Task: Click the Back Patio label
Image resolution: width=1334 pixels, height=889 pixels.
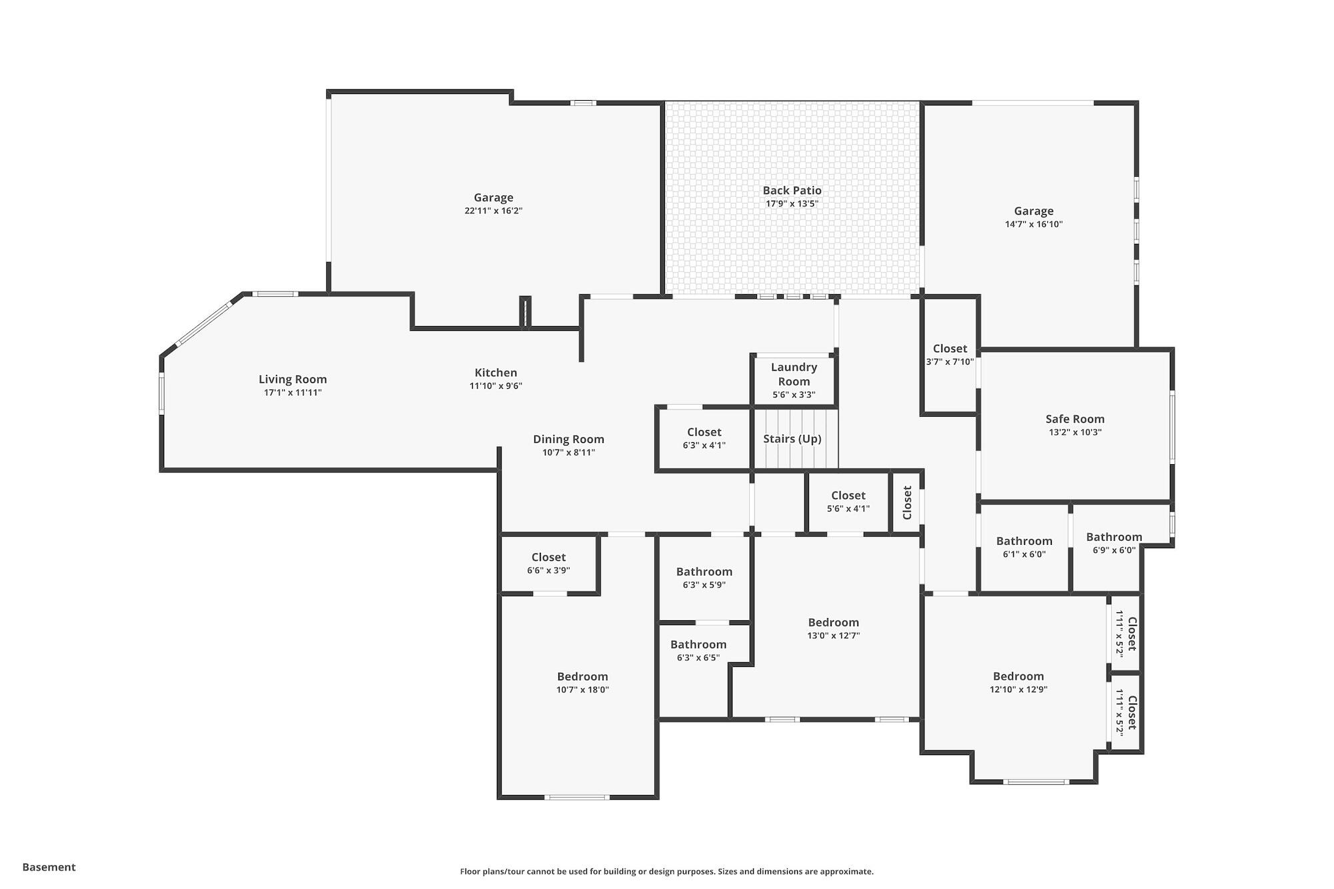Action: click(x=792, y=191)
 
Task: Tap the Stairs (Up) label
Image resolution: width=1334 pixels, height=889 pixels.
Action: click(x=792, y=439)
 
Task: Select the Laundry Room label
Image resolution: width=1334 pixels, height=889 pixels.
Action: click(x=794, y=374)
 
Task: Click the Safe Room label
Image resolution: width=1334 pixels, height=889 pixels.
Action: click(x=1075, y=419)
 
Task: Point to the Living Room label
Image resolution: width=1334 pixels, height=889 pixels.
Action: click(x=293, y=379)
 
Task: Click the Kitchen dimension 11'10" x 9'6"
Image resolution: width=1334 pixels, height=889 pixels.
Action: click(x=496, y=386)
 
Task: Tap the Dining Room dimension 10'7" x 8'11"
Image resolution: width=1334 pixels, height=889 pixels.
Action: click(x=568, y=453)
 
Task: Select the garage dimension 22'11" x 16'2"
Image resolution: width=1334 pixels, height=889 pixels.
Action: click(x=493, y=211)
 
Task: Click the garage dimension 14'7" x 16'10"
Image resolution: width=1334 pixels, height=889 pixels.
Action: click(x=1033, y=225)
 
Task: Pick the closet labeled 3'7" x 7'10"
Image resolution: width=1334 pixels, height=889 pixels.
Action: click(x=950, y=355)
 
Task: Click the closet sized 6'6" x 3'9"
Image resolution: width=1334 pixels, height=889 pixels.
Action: click(x=548, y=564)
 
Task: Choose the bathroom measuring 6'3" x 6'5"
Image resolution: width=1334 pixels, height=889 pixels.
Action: click(x=698, y=651)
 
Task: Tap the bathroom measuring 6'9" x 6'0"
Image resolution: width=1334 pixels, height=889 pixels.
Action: click(x=1114, y=544)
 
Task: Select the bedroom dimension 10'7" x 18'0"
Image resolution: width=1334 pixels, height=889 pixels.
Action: click(x=582, y=690)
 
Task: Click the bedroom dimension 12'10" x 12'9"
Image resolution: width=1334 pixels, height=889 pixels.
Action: click(x=1018, y=690)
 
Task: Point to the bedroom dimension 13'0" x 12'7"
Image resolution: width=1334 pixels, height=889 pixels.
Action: click(x=833, y=636)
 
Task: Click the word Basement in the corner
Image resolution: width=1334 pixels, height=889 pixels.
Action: click(x=49, y=867)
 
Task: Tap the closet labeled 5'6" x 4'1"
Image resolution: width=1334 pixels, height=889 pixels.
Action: click(x=848, y=502)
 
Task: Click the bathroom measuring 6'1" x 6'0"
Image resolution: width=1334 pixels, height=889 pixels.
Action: click(x=1024, y=548)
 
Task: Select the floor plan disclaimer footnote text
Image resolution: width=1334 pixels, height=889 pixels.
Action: click(x=666, y=871)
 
